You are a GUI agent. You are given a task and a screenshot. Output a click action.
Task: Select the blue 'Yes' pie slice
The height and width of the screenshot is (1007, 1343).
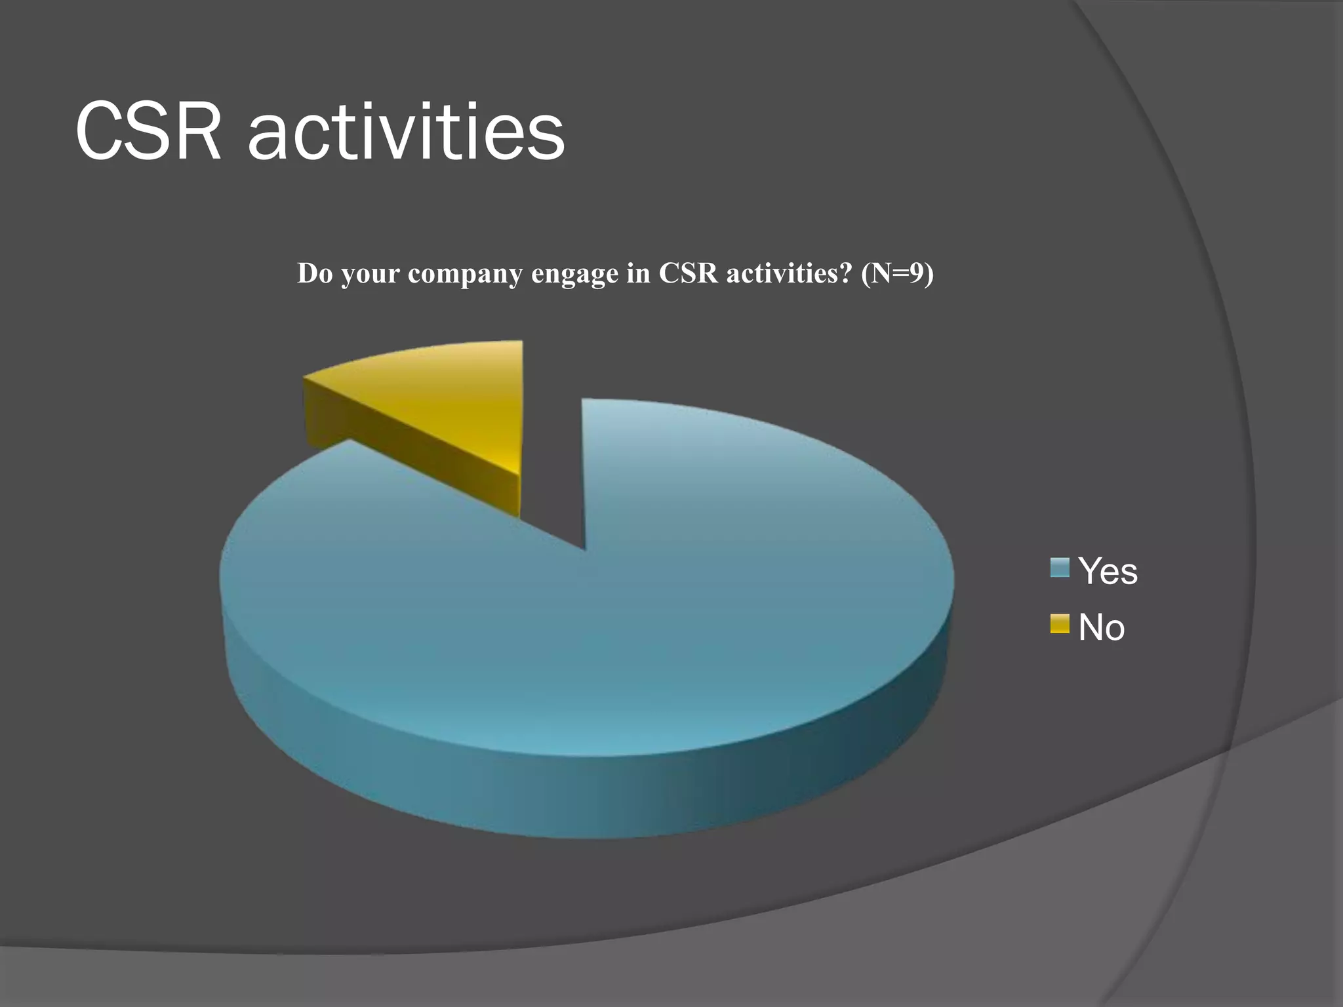coord(590,623)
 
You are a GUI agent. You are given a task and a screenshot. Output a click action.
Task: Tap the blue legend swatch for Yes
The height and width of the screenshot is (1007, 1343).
coord(1059,568)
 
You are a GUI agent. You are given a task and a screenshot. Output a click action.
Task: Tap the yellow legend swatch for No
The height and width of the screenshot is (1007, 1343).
coord(1059,623)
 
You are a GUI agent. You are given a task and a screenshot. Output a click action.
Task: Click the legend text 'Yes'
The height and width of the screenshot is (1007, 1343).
coord(1108,571)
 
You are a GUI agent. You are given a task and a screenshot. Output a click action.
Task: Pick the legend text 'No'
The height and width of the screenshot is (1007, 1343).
coord(1101,627)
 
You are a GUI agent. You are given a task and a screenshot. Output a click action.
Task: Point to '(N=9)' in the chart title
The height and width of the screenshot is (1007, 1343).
coord(897,273)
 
